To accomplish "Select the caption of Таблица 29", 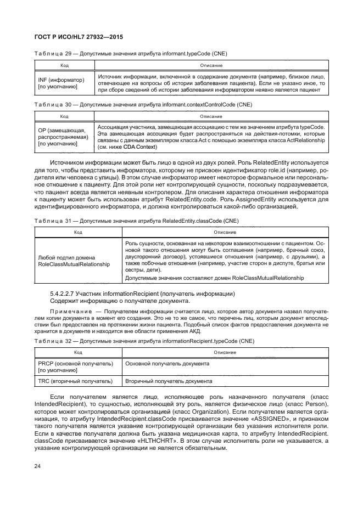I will [131, 54].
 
